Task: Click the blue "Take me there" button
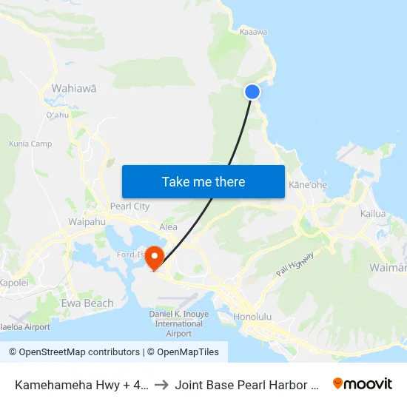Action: click(x=203, y=181)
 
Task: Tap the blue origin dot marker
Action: click(x=252, y=91)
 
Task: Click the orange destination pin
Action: click(x=155, y=258)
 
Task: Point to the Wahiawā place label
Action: click(x=73, y=88)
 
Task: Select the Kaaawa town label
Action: click(x=254, y=32)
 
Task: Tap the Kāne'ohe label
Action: click(x=308, y=184)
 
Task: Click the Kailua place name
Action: click(x=373, y=214)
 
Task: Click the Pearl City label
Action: click(x=129, y=206)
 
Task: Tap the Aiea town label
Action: click(x=168, y=227)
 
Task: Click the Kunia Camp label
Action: click(x=30, y=144)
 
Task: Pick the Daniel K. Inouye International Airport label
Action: click(x=175, y=323)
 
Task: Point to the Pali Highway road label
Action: click(x=295, y=264)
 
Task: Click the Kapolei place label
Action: click(x=13, y=283)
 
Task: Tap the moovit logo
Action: click(x=363, y=383)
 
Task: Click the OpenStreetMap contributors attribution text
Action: click(x=75, y=352)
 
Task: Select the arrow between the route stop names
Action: click(x=161, y=384)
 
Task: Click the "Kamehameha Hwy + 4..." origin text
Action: click(x=80, y=384)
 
